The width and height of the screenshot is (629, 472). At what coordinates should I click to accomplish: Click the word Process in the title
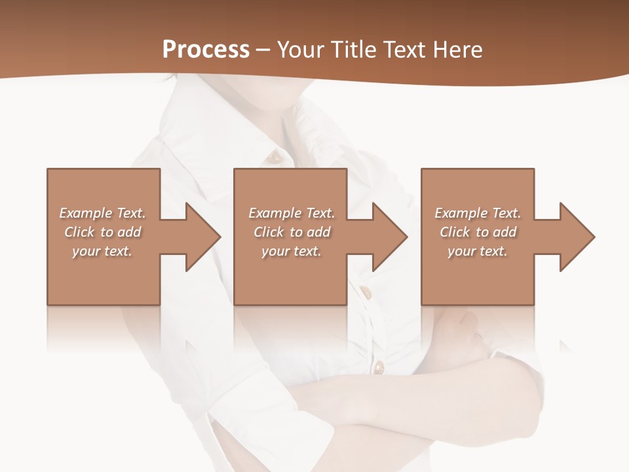click(206, 50)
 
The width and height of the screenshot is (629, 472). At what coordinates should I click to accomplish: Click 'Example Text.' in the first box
click(102, 213)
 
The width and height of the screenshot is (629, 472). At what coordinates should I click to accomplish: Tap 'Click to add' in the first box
click(102, 232)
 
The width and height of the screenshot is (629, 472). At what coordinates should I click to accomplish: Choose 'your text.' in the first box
click(102, 251)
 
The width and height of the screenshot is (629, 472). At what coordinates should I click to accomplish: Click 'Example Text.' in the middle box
click(292, 213)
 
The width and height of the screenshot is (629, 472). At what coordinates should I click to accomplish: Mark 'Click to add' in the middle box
click(292, 232)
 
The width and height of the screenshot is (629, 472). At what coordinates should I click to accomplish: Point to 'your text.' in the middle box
click(292, 251)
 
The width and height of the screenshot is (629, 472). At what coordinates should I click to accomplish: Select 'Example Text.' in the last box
click(478, 213)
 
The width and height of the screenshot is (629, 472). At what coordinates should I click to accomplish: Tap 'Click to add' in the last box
click(478, 232)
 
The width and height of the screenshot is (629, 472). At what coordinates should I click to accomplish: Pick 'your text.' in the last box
click(478, 251)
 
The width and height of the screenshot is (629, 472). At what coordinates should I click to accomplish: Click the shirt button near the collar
click(276, 157)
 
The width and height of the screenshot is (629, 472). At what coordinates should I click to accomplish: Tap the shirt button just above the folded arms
click(378, 366)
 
